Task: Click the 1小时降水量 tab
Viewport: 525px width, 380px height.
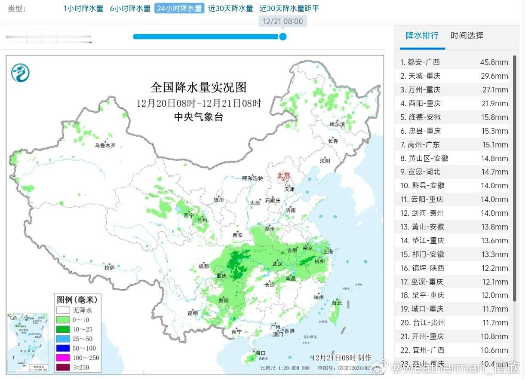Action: pos(83,9)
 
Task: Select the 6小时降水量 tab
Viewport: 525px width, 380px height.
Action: pos(130,9)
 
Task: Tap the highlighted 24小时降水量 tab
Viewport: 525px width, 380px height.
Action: pos(179,9)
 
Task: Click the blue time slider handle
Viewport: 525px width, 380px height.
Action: pos(282,37)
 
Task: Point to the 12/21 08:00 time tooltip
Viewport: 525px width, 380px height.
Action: pos(282,21)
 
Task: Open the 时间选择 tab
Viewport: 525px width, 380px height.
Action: pos(467,36)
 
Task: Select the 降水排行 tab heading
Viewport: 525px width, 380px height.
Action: pos(422,36)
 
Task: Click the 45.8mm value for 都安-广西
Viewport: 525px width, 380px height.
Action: pos(494,62)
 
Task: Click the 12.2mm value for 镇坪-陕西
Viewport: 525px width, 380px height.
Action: pos(494,268)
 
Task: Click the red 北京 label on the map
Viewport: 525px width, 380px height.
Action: pos(284,175)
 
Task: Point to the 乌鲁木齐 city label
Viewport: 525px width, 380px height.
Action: pos(105,146)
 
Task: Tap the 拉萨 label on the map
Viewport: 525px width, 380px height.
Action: pos(109,267)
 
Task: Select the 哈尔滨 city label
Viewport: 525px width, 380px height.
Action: pos(337,124)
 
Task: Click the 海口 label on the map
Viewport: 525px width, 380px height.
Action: pos(261,353)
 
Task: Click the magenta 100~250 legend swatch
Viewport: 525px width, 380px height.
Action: pos(62,358)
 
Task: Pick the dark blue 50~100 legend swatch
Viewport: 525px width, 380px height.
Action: pos(62,348)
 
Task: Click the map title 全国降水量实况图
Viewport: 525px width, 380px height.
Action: pos(199,87)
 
